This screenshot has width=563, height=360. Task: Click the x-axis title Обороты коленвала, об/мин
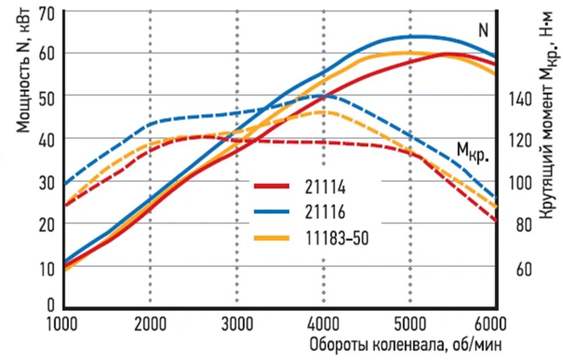click(405, 345)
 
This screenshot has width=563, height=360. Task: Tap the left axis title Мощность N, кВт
click(24, 69)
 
